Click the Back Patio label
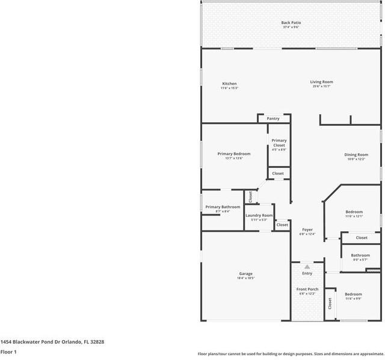click(291, 23)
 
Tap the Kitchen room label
click(229, 84)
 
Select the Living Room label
click(321, 82)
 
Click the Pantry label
click(273, 119)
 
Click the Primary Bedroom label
click(233, 154)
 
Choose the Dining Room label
click(356, 155)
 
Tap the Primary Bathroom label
click(223, 207)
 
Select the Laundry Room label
click(259, 216)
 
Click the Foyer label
click(307, 229)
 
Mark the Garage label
click(245, 274)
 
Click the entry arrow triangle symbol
click(307, 266)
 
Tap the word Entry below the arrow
click(307, 274)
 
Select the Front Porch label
click(307, 290)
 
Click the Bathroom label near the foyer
click(360, 255)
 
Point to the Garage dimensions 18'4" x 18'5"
click(245, 279)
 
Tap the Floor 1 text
click(8, 352)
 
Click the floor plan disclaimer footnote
click(291, 354)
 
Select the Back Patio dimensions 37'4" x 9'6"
click(291, 28)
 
